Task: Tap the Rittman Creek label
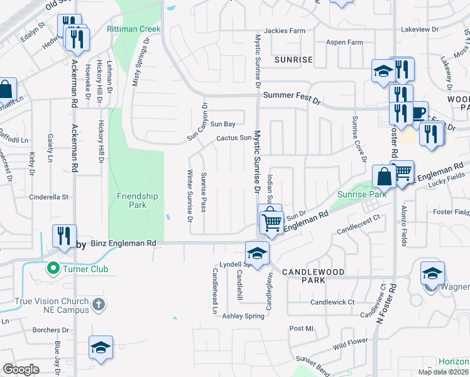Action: [x=134, y=30]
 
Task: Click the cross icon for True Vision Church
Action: [x=97, y=304]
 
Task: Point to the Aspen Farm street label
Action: [x=344, y=42]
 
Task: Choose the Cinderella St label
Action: [x=48, y=197]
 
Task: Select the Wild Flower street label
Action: [x=350, y=344]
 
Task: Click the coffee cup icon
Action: [x=418, y=112]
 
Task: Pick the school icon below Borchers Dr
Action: [x=101, y=347]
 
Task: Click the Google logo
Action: [x=21, y=369]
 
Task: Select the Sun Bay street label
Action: [x=222, y=124]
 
